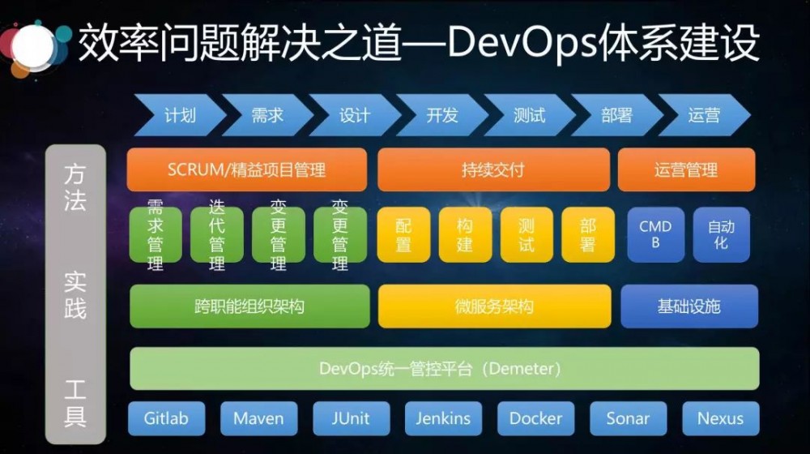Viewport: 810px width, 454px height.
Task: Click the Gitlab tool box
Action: click(166, 418)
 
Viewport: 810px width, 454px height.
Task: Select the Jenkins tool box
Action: click(443, 418)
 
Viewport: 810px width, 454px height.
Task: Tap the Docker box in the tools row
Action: click(535, 418)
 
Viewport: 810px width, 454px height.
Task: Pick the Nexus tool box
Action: click(720, 418)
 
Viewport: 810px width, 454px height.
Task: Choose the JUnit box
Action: click(351, 418)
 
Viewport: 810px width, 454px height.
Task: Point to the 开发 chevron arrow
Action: click(441, 115)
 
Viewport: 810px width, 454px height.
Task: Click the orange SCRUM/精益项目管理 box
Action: click(246, 170)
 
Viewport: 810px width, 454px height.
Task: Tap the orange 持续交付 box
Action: click(492, 170)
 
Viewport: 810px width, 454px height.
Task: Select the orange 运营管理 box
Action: click(686, 170)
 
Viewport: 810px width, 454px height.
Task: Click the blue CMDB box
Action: click(655, 234)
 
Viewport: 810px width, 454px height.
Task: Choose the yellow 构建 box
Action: click(465, 234)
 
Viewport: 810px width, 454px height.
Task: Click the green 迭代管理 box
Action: click(217, 234)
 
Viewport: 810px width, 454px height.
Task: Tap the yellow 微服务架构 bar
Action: click(493, 306)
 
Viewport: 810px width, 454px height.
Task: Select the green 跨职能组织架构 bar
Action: click(249, 306)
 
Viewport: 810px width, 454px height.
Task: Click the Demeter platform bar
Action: click(444, 369)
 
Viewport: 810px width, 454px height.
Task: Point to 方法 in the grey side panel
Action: click(75, 187)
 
